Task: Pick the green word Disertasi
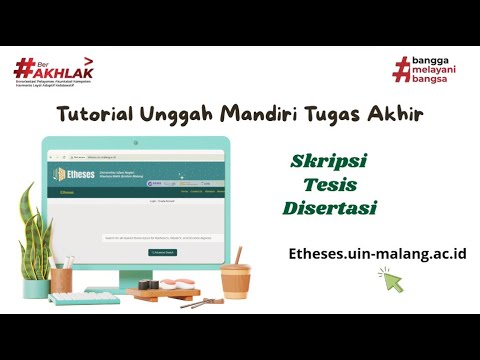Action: coord(330,208)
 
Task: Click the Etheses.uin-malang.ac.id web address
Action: coord(377,254)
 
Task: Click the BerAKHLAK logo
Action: coord(48,71)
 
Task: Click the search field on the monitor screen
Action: coord(162,238)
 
